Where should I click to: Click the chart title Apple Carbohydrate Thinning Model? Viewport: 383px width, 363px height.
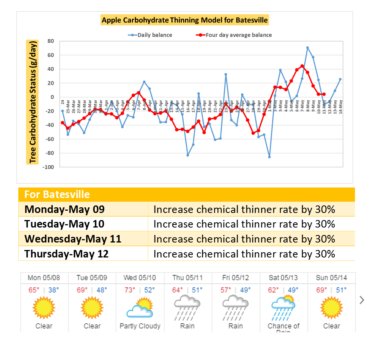(x=185, y=20)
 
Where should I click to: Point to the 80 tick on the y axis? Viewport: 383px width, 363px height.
(x=50, y=41)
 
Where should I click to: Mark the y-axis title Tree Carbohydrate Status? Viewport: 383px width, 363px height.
(x=33, y=101)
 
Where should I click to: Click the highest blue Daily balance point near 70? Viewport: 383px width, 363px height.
(x=307, y=48)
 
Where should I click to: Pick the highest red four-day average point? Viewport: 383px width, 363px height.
(x=302, y=66)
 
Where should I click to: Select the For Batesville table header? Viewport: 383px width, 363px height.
(x=57, y=195)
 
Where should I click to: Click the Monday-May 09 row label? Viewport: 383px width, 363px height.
(x=64, y=209)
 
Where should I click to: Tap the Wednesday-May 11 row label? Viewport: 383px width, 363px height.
(x=73, y=239)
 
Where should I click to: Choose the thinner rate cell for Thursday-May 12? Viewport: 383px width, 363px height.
(x=244, y=254)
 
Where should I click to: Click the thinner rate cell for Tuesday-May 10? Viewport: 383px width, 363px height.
(x=244, y=224)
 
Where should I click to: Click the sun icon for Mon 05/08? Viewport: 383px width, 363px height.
(x=44, y=307)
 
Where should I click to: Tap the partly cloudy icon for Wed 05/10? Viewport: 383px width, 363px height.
(x=140, y=307)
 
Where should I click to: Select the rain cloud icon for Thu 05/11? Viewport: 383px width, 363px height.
(x=187, y=307)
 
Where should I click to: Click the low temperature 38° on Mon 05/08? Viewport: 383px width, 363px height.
(x=53, y=290)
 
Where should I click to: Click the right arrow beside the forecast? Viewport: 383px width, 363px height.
(x=362, y=300)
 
